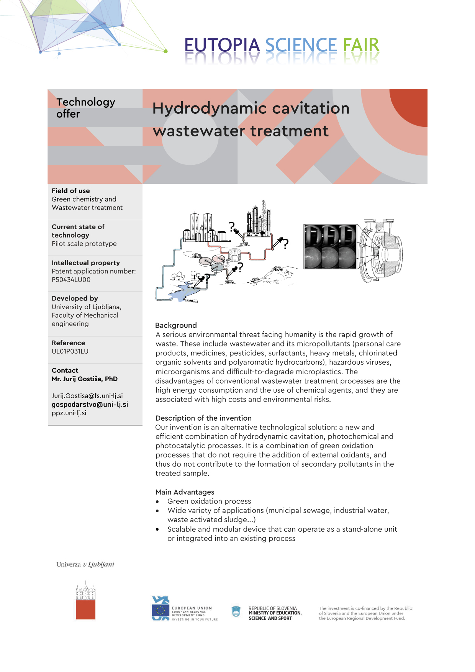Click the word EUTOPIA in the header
pyautogui.click(x=222, y=46)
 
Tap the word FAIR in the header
pyautogui.click(x=361, y=46)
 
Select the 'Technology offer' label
pyautogui.click(x=85, y=108)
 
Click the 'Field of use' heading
pyautogui.click(x=71, y=190)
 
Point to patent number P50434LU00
pyautogui.click(x=71, y=280)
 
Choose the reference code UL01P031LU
pyautogui.click(x=70, y=351)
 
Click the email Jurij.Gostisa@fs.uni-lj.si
pyautogui.click(x=87, y=396)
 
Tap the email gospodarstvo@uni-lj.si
pyautogui.click(x=90, y=405)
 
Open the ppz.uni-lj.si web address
pyautogui.click(x=69, y=413)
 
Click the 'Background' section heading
pyautogui.click(x=176, y=325)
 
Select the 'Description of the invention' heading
pyautogui.click(x=203, y=418)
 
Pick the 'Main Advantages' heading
pyautogui.click(x=185, y=492)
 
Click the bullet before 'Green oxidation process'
pyautogui.click(x=157, y=502)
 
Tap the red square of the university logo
pyautogui.click(x=85, y=609)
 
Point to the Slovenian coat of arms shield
pyautogui.click(x=236, y=611)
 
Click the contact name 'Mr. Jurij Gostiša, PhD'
pyautogui.click(x=85, y=379)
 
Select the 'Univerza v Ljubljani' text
pyautogui.click(x=85, y=564)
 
